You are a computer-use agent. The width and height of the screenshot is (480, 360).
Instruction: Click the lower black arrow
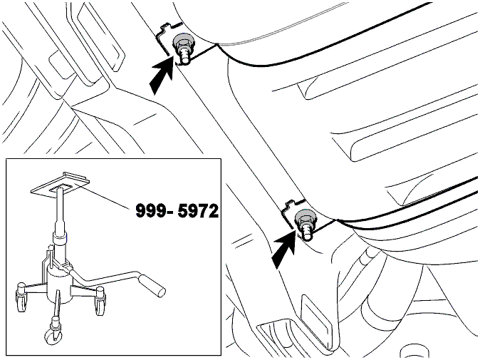(x=284, y=249)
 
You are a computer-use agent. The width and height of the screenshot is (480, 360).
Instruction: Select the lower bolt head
(x=303, y=218)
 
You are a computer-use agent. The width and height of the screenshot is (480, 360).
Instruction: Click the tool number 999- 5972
(x=177, y=211)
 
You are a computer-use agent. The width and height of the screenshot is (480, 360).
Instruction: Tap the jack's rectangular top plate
(x=61, y=184)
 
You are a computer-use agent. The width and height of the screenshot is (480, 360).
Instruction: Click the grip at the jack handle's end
(x=152, y=286)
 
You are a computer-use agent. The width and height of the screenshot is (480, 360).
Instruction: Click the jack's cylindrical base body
(x=59, y=284)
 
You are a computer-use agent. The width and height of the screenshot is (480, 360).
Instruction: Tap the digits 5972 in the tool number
(x=198, y=211)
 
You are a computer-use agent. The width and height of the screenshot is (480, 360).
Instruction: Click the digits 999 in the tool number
(x=151, y=211)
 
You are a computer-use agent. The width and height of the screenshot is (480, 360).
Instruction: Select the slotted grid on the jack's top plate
(x=61, y=187)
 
